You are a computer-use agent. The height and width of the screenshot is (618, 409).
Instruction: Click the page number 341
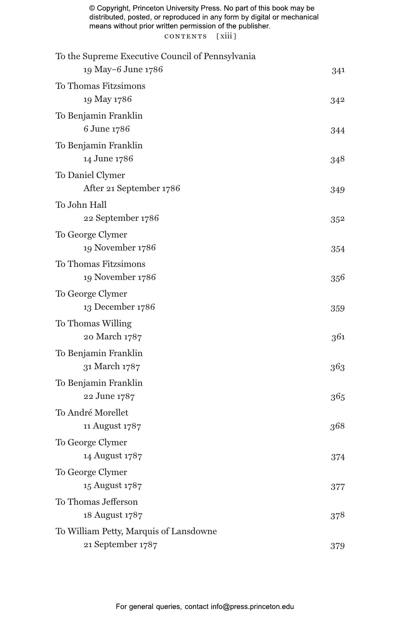(x=338, y=70)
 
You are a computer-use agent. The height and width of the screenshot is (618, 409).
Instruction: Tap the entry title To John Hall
(x=81, y=205)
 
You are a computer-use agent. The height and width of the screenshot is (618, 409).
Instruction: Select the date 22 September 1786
(x=121, y=218)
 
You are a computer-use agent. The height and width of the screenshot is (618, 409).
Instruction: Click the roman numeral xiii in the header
(x=226, y=36)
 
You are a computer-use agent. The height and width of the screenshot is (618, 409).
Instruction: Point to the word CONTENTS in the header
(x=186, y=36)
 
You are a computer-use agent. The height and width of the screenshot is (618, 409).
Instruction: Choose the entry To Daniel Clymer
(x=90, y=175)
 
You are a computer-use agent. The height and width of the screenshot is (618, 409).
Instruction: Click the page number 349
(x=337, y=189)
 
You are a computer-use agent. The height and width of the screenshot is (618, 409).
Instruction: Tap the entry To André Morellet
(x=92, y=413)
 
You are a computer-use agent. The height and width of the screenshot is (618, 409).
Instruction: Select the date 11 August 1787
(x=112, y=426)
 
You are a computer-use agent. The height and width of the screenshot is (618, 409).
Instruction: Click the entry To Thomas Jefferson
(x=96, y=502)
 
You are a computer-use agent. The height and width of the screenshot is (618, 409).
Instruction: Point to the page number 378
(x=337, y=515)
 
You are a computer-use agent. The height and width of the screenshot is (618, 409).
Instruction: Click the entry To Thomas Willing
(x=93, y=323)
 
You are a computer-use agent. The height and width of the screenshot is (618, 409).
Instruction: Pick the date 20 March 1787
(x=113, y=337)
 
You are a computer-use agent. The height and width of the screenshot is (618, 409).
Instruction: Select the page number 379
(x=337, y=546)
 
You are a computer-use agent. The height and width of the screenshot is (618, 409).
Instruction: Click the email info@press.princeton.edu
(x=252, y=606)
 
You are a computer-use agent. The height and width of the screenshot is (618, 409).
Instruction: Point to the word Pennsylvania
(x=229, y=56)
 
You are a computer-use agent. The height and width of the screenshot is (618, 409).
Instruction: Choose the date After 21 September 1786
(x=132, y=188)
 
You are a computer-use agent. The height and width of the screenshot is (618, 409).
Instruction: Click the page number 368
(x=337, y=426)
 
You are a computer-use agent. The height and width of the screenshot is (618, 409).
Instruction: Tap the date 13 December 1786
(x=119, y=307)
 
